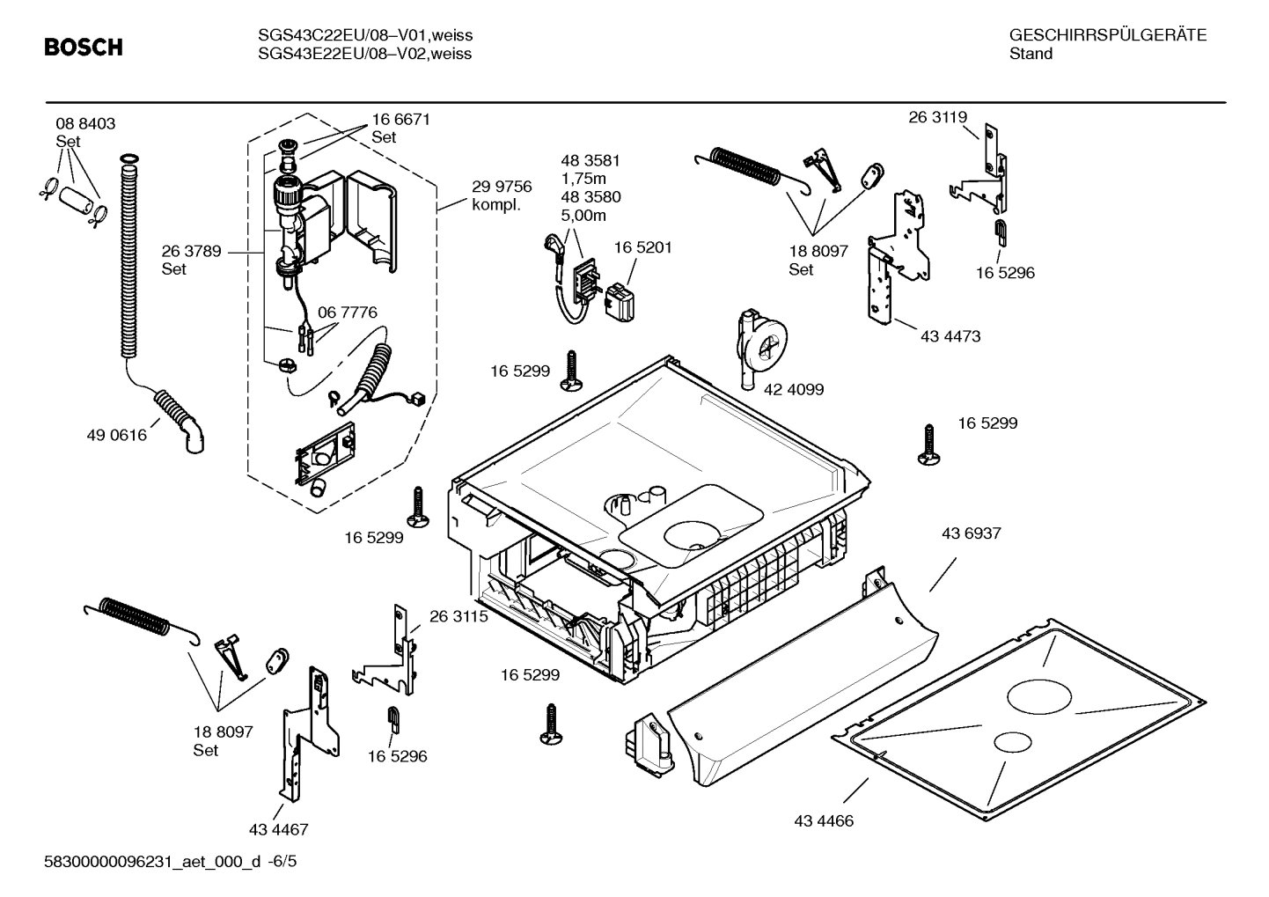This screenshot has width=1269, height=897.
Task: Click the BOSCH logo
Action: (84, 48)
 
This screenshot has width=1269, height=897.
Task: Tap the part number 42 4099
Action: (794, 389)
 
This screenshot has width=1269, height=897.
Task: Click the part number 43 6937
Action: (971, 533)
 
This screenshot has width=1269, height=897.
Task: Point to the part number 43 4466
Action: (823, 821)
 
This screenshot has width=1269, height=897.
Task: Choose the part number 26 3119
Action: (937, 117)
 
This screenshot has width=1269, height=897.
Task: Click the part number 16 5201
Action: (642, 247)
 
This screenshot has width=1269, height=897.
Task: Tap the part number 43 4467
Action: (278, 829)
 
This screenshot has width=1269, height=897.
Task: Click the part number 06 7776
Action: (347, 312)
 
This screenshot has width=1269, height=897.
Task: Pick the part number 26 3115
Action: (458, 617)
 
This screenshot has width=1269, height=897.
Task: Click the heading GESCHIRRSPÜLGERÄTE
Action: (1107, 35)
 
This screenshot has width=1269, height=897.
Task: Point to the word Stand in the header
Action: (1031, 54)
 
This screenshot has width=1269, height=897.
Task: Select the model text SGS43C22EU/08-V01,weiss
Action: (364, 35)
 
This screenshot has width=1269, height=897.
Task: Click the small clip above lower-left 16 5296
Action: (393, 718)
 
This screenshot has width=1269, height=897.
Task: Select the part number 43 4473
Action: (950, 336)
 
